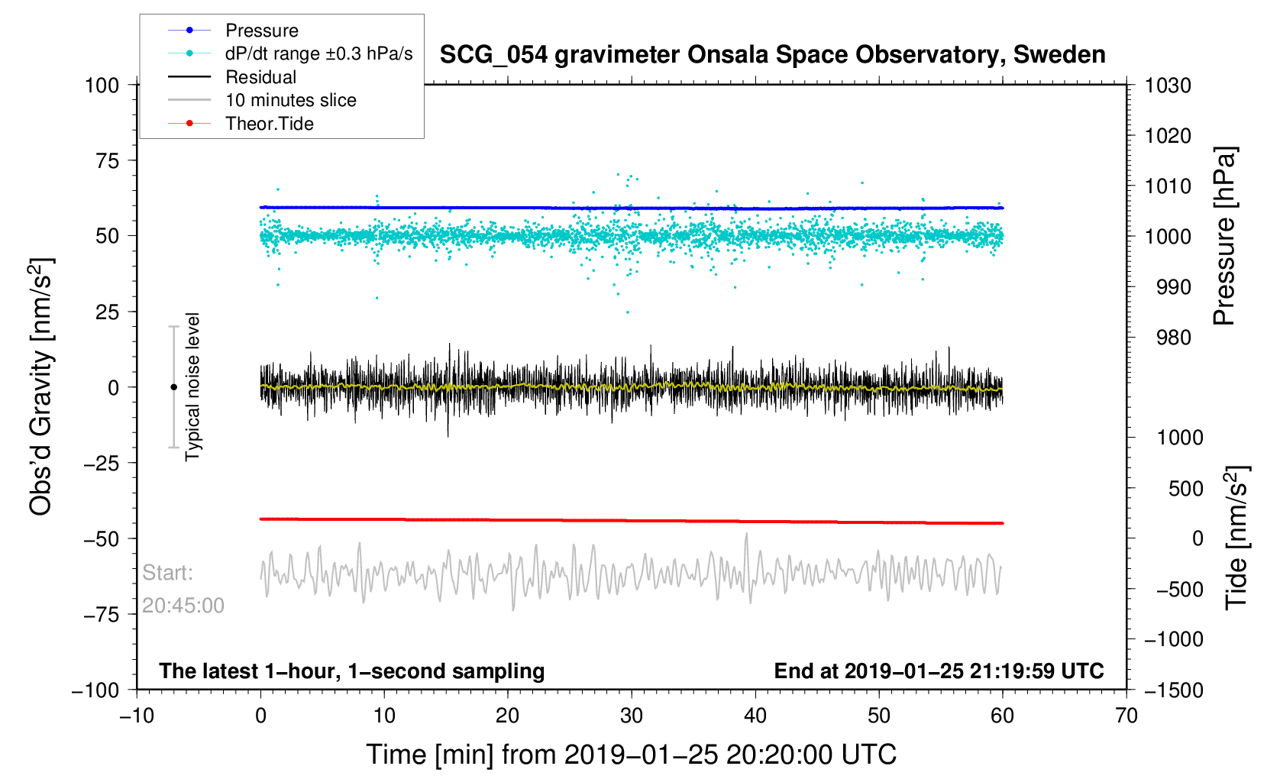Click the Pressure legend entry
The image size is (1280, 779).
click(261, 31)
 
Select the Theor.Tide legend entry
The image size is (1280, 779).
click(269, 124)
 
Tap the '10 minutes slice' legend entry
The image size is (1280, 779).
click(290, 100)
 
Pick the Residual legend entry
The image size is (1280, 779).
click(260, 77)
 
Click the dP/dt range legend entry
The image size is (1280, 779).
click(318, 53)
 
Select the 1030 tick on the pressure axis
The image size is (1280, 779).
click(1168, 86)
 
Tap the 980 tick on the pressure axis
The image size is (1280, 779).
click(1168, 338)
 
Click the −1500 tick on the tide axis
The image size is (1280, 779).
click(1173, 690)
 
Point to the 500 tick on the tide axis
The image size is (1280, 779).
click(1185, 488)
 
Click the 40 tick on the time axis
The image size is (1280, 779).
click(755, 716)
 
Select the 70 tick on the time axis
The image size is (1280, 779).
click(1126, 716)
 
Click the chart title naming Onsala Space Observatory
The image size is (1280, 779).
click(772, 55)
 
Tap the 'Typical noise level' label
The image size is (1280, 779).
click(192, 386)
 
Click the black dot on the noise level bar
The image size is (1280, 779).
click(173, 387)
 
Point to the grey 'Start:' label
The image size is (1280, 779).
click(167, 573)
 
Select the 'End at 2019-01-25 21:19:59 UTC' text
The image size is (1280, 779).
click(939, 671)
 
